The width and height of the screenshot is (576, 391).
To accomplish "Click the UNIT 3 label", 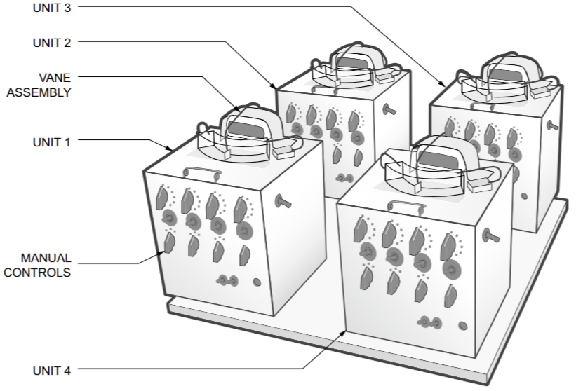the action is click(x=52, y=8).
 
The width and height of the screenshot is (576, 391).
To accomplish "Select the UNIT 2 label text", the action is click(x=52, y=43).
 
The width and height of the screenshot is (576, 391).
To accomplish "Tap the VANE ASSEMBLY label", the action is click(x=39, y=85).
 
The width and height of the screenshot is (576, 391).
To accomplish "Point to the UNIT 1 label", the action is click(x=51, y=142).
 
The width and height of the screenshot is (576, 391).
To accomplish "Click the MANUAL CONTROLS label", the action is click(x=37, y=265).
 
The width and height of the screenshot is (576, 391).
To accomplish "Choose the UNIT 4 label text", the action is click(x=51, y=371).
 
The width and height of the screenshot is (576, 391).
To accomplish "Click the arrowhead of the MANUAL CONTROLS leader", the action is click(x=161, y=253).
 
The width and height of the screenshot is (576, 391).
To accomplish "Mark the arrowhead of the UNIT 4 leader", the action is click(x=343, y=333).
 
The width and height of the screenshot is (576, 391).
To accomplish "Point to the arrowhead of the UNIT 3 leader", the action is click(x=442, y=83).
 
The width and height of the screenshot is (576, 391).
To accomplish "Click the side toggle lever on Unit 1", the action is click(x=283, y=201).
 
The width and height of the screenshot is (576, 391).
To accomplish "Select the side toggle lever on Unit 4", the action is click(x=491, y=235).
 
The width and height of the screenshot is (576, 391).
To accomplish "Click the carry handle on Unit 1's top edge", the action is click(x=203, y=173).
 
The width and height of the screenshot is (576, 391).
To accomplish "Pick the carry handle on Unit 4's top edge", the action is click(x=407, y=206).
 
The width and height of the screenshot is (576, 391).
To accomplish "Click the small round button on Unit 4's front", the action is click(x=463, y=326).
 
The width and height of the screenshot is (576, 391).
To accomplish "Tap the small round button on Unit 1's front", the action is click(x=257, y=282).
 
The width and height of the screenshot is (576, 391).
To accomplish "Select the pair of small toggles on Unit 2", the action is click(x=345, y=178).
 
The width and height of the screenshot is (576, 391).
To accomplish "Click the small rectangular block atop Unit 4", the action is click(x=479, y=185).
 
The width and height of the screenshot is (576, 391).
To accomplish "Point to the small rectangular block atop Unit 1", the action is click(x=284, y=152).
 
